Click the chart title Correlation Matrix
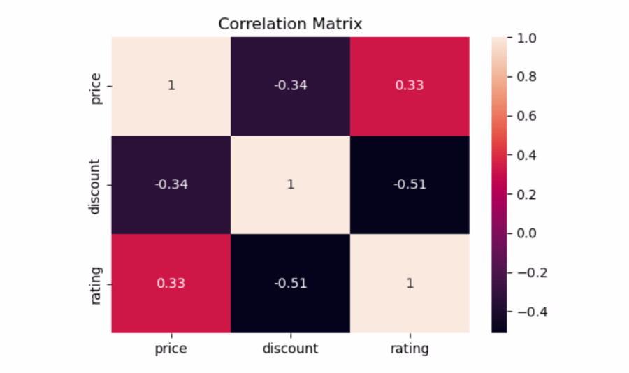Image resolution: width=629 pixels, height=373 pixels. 290,24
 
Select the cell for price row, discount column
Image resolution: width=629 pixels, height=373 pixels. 291,86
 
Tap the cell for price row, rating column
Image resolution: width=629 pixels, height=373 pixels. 410,86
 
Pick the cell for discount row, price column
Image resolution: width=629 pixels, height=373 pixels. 171,185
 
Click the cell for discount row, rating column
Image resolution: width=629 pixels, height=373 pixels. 410,185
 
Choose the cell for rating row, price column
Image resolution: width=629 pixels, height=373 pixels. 171,284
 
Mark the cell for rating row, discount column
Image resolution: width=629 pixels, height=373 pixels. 291,284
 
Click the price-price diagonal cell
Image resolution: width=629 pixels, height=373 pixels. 171,86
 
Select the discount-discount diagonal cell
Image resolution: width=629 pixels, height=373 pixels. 291,185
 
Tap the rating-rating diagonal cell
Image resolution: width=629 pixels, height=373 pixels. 410,284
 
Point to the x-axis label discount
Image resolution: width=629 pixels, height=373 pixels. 290,348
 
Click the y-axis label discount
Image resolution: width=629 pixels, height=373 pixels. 94,186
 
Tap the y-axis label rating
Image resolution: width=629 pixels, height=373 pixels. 96,286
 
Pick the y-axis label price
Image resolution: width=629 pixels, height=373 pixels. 96,89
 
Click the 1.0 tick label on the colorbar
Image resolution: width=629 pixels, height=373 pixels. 526,38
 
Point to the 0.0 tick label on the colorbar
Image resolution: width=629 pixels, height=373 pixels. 526,233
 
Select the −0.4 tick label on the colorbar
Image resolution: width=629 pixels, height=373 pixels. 532,312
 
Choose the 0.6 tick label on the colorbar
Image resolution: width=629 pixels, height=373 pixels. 526,117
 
